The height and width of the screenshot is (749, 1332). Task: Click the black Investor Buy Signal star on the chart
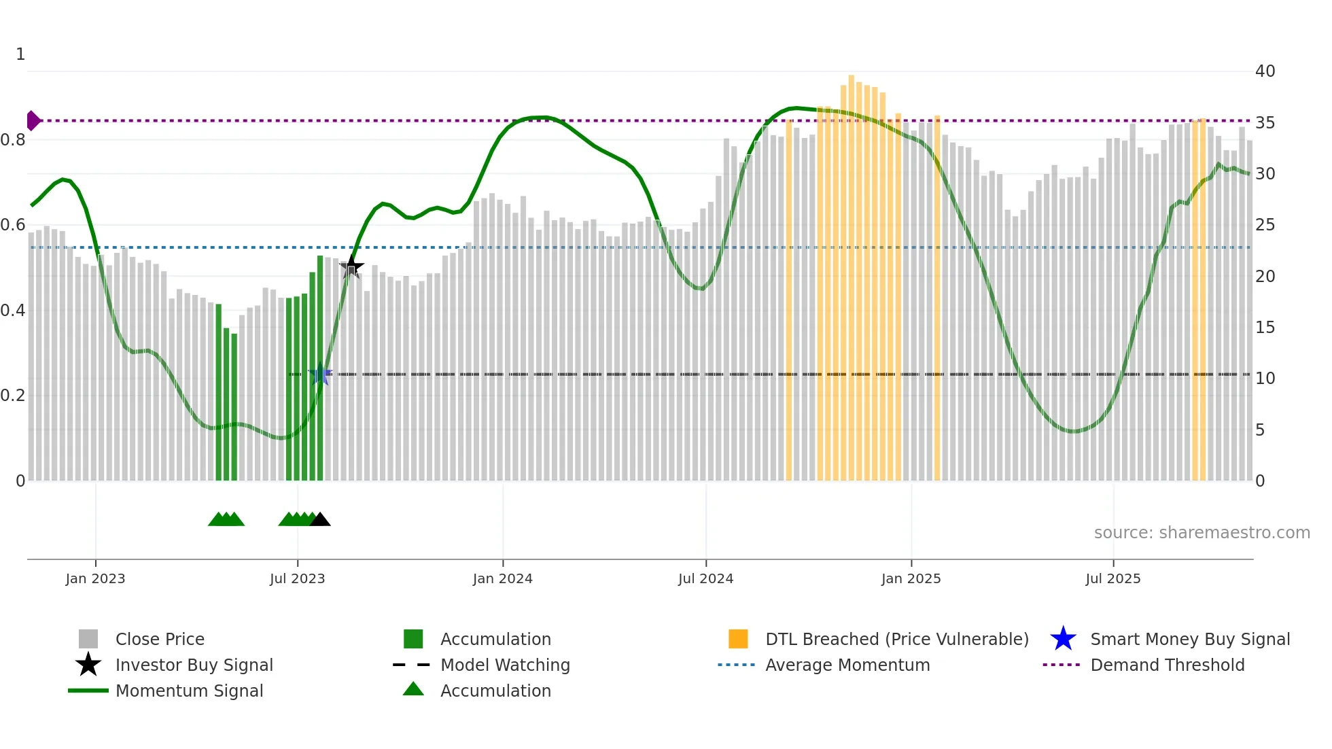coord(351,266)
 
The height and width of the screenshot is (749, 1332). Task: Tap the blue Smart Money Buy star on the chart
coord(320,374)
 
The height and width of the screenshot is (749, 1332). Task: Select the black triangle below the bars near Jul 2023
coord(320,520)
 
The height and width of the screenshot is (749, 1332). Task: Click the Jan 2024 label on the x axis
coord(502,578)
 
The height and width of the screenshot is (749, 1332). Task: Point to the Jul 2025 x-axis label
coord(1112,578)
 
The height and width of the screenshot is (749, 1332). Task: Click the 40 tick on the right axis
coord(1265,71)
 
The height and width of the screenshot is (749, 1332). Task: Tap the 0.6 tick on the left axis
coord(14,224)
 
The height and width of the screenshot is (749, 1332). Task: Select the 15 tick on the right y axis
coord(1265,327)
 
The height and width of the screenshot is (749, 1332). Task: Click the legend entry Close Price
coord(160,639)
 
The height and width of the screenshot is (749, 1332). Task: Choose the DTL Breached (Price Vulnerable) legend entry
coord(896,639)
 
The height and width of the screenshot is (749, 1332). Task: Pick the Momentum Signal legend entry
coord(189,691)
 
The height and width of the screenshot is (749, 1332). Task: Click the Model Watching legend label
coord(505,665)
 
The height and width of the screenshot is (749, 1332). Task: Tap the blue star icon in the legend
coord(1063,639)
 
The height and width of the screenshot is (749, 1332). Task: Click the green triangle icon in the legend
coord(413,689)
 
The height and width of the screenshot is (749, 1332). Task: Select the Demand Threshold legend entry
coord(1167,665)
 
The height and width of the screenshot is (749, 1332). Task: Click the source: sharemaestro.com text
coord(1202,532)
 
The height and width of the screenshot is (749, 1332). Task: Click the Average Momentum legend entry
coord(847,665)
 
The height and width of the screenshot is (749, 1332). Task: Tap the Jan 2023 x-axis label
coord(95,578)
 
